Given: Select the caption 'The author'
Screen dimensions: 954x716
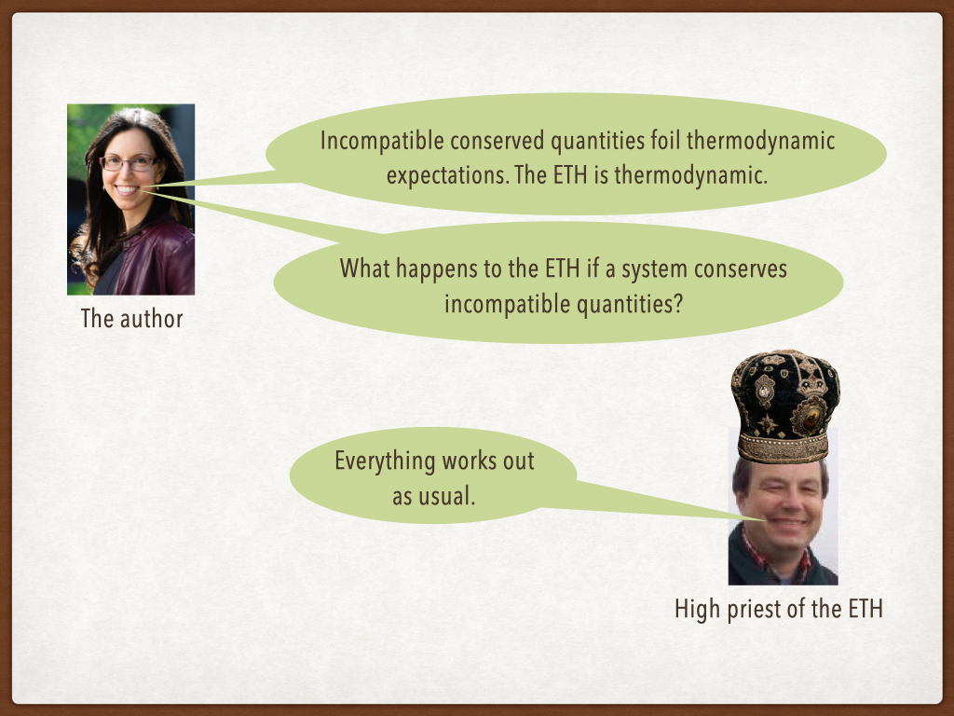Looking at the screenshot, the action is coord(131,319).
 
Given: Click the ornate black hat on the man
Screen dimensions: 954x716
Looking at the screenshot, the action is coord(784,406).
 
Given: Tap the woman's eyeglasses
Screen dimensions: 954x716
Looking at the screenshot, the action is coord(129,162).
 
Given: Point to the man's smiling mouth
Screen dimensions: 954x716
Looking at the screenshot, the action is coord(788,522).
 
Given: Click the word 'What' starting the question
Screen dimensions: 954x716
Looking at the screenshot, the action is coord(364,268).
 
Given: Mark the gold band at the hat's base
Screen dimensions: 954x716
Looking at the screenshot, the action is coord(784,448).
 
